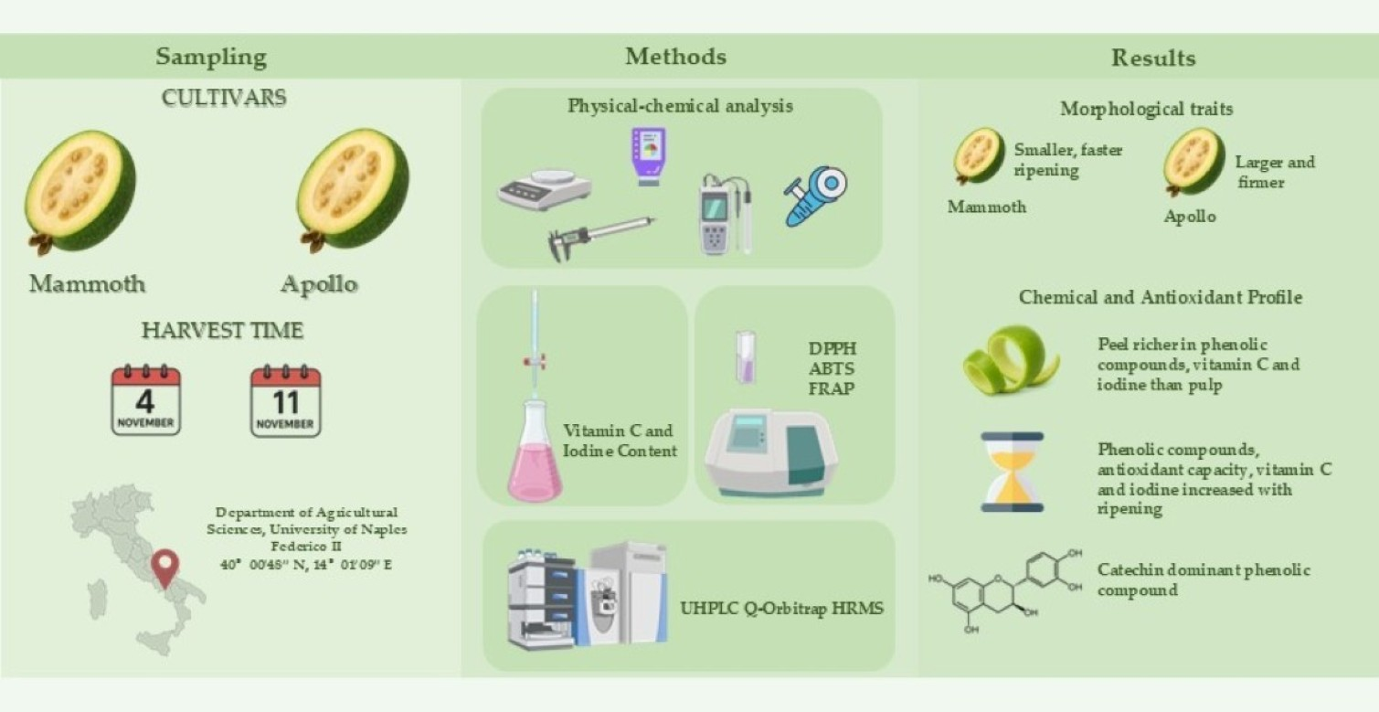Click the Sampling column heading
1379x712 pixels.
pos(211,57)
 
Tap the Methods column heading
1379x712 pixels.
pos(675,57)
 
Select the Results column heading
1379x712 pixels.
pos(1152,58)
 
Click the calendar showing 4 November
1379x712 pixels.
pos(145,401)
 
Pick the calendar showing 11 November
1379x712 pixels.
pos(285,401)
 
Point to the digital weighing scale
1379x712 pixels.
pos(544,188)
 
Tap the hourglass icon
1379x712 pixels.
pos(1012,472)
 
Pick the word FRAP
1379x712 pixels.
pos(830,389)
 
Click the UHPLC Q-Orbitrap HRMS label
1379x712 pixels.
pos(782,608)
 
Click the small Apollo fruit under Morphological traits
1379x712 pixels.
pos(1193,161)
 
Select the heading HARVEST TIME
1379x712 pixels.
pos(222,331)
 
